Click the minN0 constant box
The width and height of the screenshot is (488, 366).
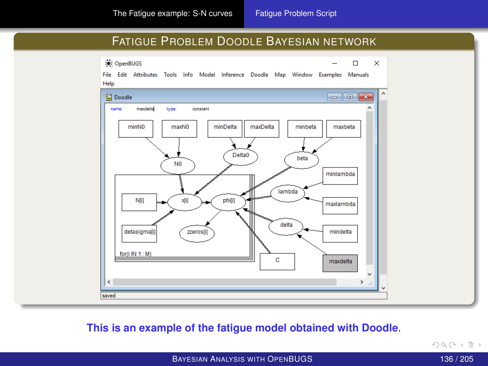tap(136, 129)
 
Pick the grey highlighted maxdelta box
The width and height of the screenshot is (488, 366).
tap(340, 263)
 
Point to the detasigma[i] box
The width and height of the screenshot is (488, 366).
tap(139, 233)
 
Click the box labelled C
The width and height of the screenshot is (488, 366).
tap(277, 262)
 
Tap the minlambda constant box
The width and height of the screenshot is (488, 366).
tap(340, 176)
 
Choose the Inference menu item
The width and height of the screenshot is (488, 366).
tap(233, 75)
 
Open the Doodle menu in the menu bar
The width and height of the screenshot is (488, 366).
tap(259, 75)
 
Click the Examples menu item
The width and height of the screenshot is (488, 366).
tap(330, 75)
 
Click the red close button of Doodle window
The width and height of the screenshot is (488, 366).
tap(366, 97)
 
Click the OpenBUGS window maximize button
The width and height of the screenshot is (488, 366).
tap(355, 63)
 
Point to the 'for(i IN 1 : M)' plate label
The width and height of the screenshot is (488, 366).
tap(135, 254)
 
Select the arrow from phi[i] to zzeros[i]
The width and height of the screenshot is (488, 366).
tap(213, 218)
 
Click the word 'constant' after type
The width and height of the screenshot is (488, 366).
tap(201, 109)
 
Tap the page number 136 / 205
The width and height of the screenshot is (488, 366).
tap(456, 359)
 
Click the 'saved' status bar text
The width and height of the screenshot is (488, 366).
tap(109, 296)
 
